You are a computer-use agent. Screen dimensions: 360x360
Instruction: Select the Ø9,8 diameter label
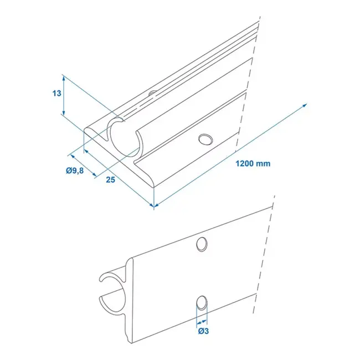tap(74, 171)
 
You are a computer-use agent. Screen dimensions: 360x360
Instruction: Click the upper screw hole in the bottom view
tap(202, 243)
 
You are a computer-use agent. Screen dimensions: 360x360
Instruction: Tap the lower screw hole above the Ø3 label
tap(202, 302)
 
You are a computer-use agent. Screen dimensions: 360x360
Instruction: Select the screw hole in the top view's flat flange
tap(205, 138)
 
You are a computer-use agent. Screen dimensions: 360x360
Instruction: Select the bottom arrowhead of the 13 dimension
tap(64, 113)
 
